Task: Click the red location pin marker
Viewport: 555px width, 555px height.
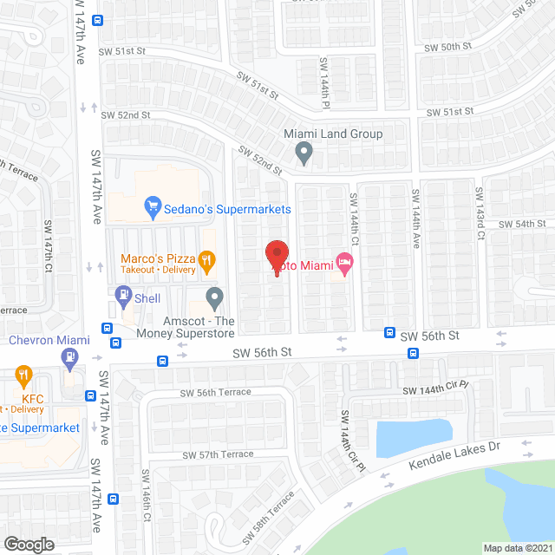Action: [277, 255]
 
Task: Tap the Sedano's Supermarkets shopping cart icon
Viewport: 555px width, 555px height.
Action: [153, 206]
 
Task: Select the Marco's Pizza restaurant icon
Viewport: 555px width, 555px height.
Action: [206, 258]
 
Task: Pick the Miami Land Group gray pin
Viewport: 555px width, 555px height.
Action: [304, 153]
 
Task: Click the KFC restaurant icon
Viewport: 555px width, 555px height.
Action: [23, 377]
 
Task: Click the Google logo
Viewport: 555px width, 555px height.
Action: [29, 544]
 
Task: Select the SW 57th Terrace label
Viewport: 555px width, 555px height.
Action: [218, 454]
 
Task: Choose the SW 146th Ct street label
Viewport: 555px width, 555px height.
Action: [147, 503]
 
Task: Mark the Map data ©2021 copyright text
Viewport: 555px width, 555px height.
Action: [517, 548]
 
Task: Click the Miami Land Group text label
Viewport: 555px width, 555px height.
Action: [333, 134]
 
